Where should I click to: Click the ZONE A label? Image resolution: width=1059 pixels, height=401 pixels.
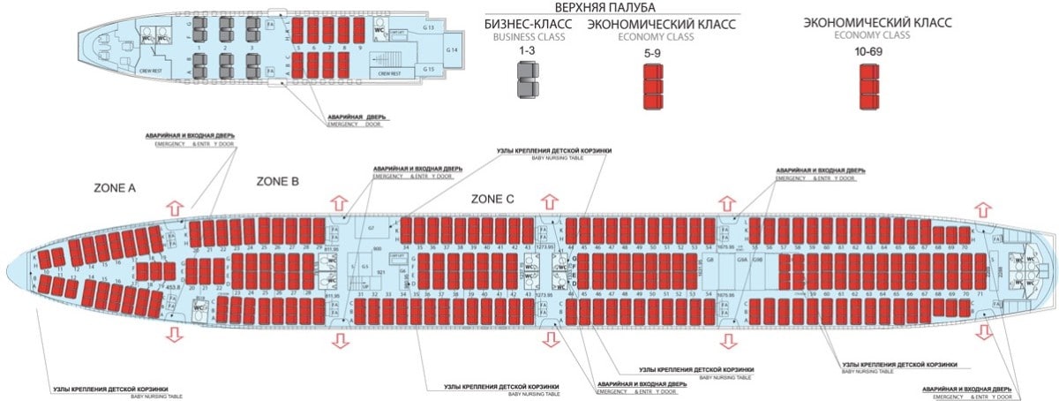click(x=115, y=188)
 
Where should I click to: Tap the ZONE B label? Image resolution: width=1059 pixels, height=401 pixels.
click(x=278, y=180)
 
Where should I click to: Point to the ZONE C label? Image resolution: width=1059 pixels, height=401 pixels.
click(x=492, y=199)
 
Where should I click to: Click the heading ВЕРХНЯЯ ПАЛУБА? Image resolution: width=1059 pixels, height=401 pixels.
click(x=616, y=7)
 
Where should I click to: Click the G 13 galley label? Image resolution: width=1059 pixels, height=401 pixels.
click(x=429, y=27)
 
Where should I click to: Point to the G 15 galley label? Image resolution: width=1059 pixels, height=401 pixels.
click(x=429, y=69)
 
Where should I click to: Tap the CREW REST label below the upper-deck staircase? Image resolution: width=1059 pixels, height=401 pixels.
click(x=389, y=73)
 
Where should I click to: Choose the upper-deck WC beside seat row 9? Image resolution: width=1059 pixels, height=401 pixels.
click(x=380, y=28)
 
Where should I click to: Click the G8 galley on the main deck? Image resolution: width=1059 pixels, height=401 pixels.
click(x=711, y=261)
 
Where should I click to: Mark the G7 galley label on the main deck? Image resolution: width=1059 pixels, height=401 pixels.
click(x=372, y=229)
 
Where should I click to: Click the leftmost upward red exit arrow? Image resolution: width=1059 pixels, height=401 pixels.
click(x=175, y=207)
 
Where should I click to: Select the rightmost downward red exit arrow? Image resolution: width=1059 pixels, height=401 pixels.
click(x=982, y=333)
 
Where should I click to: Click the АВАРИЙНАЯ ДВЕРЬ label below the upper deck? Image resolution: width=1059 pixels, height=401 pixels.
click(x=357, y=117)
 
